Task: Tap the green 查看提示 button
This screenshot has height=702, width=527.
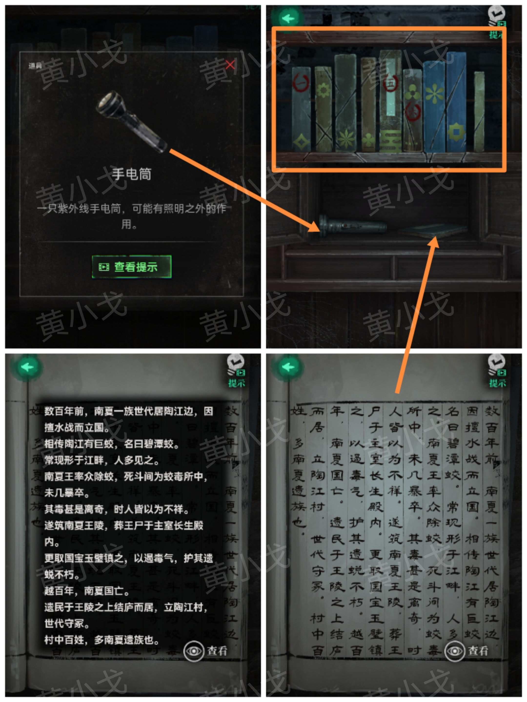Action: pos(132,267)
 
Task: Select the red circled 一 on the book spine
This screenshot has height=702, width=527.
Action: pos(301,83)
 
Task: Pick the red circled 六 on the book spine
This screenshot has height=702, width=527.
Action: pos(413,112)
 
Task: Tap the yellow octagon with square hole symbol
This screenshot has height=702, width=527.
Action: pos(456,132)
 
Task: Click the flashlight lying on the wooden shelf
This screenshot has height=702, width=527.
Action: pos(353,226)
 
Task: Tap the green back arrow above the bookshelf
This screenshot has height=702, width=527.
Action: pos(288,19)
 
